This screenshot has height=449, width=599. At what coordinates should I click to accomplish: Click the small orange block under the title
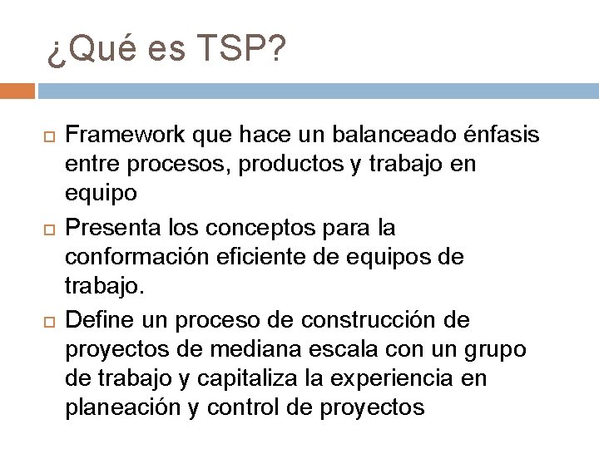point(17,90)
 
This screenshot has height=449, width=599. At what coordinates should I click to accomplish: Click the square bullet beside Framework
point(47,135)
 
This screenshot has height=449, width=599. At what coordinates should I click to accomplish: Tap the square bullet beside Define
point(47,320)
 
